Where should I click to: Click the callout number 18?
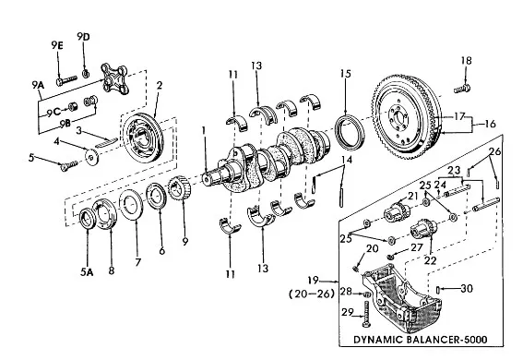467,61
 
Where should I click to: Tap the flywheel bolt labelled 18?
462,89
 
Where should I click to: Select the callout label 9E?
57,45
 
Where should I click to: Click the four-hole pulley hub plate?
114,78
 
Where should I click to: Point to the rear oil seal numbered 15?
350,132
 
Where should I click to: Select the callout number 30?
467,288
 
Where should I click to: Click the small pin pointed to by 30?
438,290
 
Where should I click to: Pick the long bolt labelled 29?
366,314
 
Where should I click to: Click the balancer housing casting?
401,297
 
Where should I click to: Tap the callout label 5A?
87,272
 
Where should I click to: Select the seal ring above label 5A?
88,219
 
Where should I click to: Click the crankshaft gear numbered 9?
180,187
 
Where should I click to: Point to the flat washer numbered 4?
91,157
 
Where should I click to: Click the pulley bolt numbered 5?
69,165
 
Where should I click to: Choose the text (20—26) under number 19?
312,294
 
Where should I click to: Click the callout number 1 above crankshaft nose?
204,130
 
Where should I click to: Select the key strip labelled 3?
106,142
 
